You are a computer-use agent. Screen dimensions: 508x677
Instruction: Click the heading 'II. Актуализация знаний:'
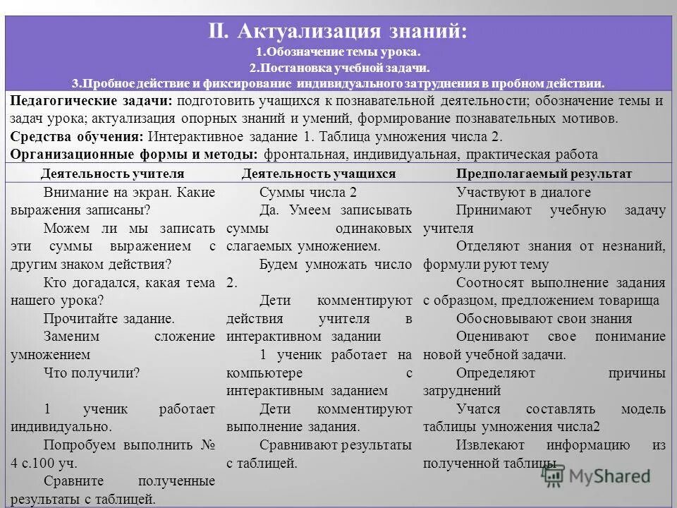(338, 32)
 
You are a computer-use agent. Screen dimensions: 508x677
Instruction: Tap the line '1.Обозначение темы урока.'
(338, 53)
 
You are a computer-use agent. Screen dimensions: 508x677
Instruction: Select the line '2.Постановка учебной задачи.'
(338, 68)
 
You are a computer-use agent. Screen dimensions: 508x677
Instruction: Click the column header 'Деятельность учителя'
(112, 174)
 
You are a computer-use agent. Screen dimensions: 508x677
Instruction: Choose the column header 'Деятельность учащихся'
(318, 174)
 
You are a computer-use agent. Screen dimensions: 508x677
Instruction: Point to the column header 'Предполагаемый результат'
(544, 174)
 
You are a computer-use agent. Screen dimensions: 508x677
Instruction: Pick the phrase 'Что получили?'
(91, 373)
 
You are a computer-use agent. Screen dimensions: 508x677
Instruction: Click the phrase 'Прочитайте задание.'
(109, 318)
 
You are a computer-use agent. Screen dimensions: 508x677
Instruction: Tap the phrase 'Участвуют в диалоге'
(523, 193)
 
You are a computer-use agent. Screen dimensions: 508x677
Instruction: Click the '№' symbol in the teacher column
(208, 445)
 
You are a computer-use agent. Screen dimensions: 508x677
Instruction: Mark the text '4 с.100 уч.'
(44, 464)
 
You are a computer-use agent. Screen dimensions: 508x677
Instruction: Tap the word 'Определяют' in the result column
(495, 373)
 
